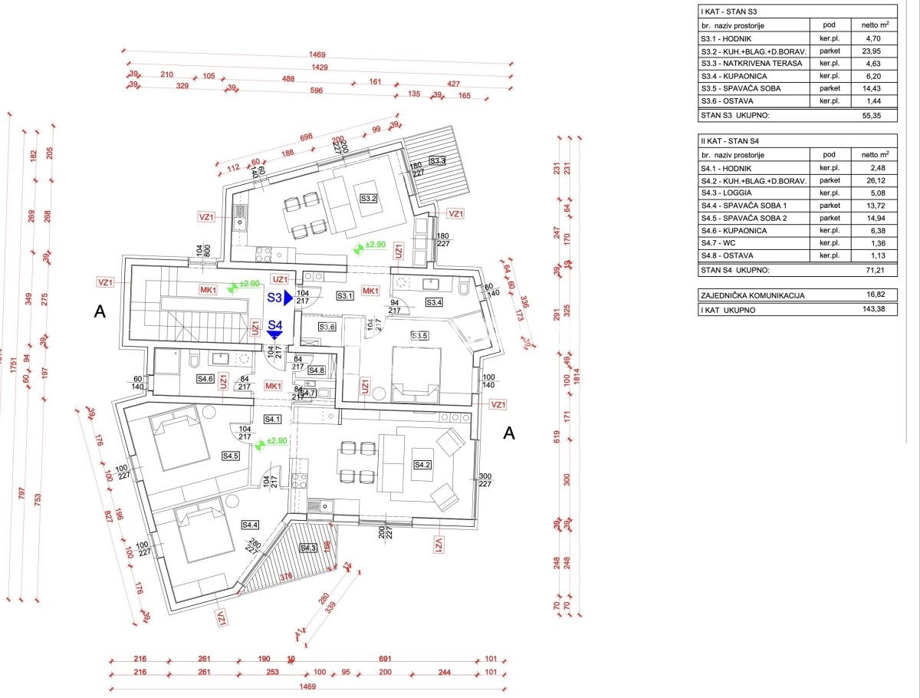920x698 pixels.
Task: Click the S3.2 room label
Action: pyautogui.click(x=369, y=199)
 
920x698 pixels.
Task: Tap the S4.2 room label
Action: pyautogui.click(x=423, y=465)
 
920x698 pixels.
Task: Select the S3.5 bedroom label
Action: pyautogui.click(x=419, y=335)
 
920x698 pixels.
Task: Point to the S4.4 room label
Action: pyautogui.click(x=250, y=525)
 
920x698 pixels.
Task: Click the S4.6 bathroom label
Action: pyautogui.click(x=205, y=378)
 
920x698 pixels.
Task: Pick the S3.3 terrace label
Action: pyautogui.click(x=438, y=161)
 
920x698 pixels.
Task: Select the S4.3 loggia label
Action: pyautogui.click(x=308, y=548)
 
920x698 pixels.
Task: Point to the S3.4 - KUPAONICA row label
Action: pyautogui.click(x=734, y=76)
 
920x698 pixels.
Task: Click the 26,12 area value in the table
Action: pyautogui.click(x=868, y=181)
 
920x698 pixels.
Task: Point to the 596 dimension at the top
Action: pyautogui.click(x=316, y=90)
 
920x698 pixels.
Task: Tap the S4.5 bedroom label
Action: pyautogui.click(x=232, y=456)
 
